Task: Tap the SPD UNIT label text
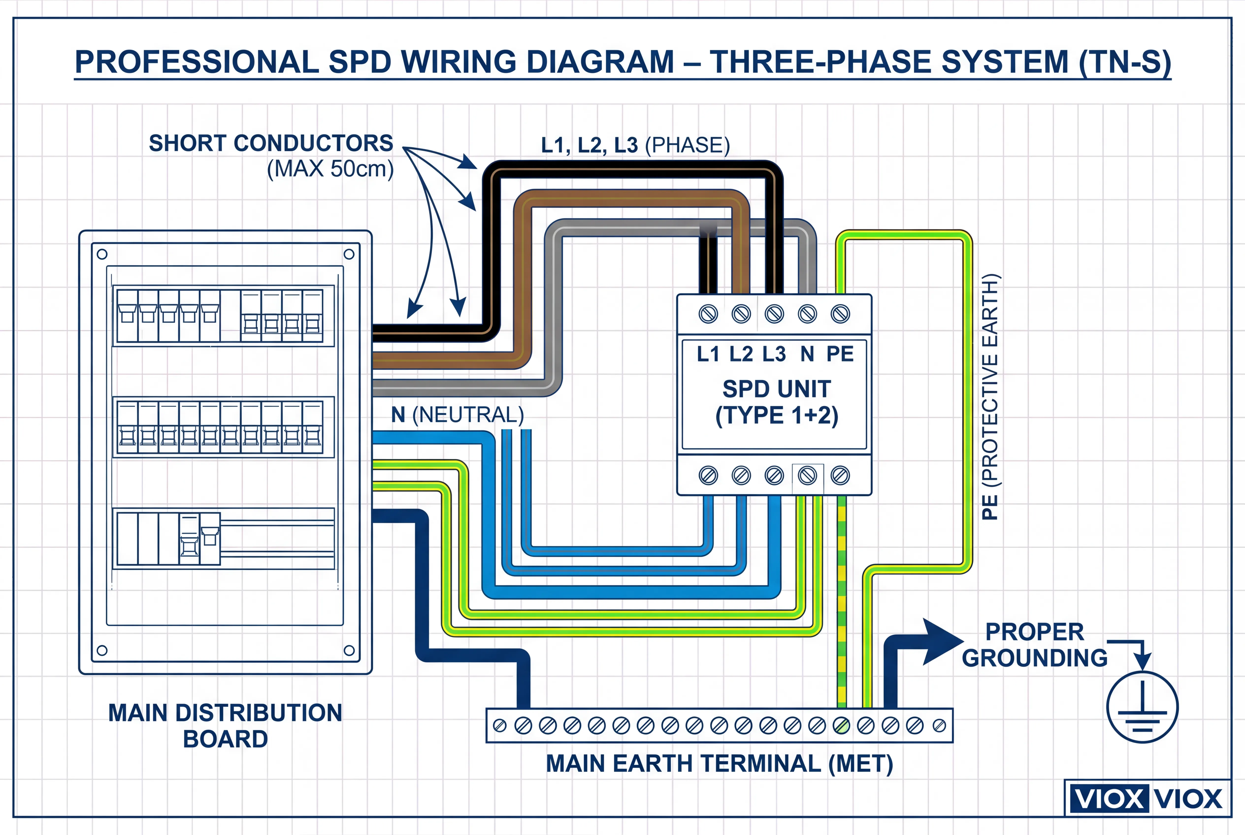point(776,389)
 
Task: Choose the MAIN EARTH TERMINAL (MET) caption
point(719,764)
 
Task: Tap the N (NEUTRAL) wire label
point(457,415)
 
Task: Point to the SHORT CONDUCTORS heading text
point(271,143)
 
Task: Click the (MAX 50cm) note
point(330,169)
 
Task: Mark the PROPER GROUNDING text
point(1034,645)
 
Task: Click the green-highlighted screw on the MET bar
point(841,725)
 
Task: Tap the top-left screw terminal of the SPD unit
point(708,314)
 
